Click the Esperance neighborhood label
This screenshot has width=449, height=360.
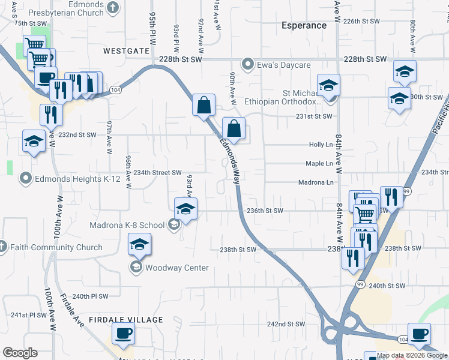304,26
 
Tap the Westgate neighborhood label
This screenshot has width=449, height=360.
126,51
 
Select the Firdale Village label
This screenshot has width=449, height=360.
125,320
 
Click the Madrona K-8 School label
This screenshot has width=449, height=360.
127,225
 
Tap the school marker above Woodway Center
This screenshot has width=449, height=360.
139,245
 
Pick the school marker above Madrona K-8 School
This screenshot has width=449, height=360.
186,209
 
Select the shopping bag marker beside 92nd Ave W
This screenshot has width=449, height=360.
203,105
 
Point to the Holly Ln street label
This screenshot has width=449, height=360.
321,145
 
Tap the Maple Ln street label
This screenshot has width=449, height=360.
319,163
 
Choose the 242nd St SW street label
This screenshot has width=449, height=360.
286,324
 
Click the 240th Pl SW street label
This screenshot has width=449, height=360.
90,296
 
